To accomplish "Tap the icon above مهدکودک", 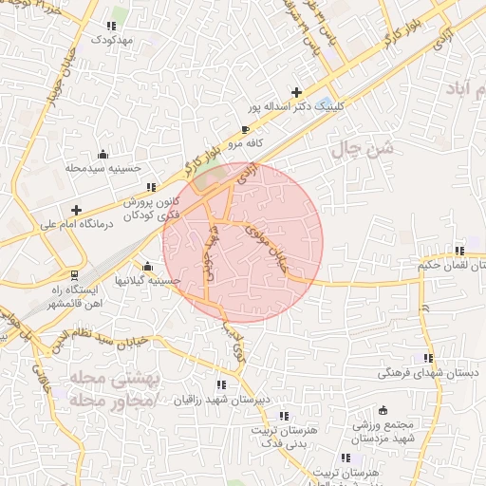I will (x=115, y=23).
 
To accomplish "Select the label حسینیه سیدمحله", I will (x=103, y=168).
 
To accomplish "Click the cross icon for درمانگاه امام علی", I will (x=76, y=209).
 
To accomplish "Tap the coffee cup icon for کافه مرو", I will (x=246, y=128).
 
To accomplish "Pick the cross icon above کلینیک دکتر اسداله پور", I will (x=297, y=92).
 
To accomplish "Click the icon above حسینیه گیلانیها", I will (x=147, y=267).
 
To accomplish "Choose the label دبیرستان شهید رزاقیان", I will (x=220, y=400).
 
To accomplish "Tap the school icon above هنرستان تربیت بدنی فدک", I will (x=282, y=415).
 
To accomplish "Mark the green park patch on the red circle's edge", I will (x=210, y=177).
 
